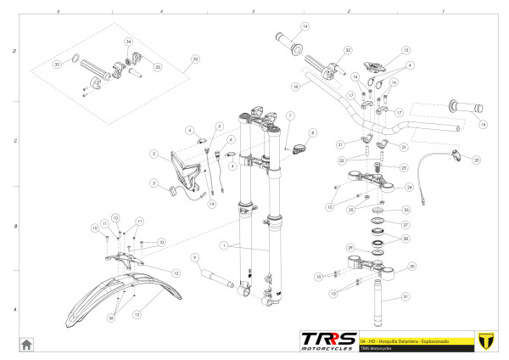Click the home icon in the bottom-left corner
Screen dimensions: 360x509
26,344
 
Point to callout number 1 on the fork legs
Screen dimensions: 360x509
223,245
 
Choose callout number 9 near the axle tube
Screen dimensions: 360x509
195,257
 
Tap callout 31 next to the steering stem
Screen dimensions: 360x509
406,296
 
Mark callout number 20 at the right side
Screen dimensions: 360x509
476,160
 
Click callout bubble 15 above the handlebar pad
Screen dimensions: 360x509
406,50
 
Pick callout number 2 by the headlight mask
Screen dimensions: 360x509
154,154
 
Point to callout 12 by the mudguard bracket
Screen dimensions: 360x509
176,273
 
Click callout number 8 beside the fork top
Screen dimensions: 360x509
312,132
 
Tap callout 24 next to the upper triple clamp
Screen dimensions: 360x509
410,187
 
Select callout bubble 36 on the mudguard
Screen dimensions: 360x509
110,318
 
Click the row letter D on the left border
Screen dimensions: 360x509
14,51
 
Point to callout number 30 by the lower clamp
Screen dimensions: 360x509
412,266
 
